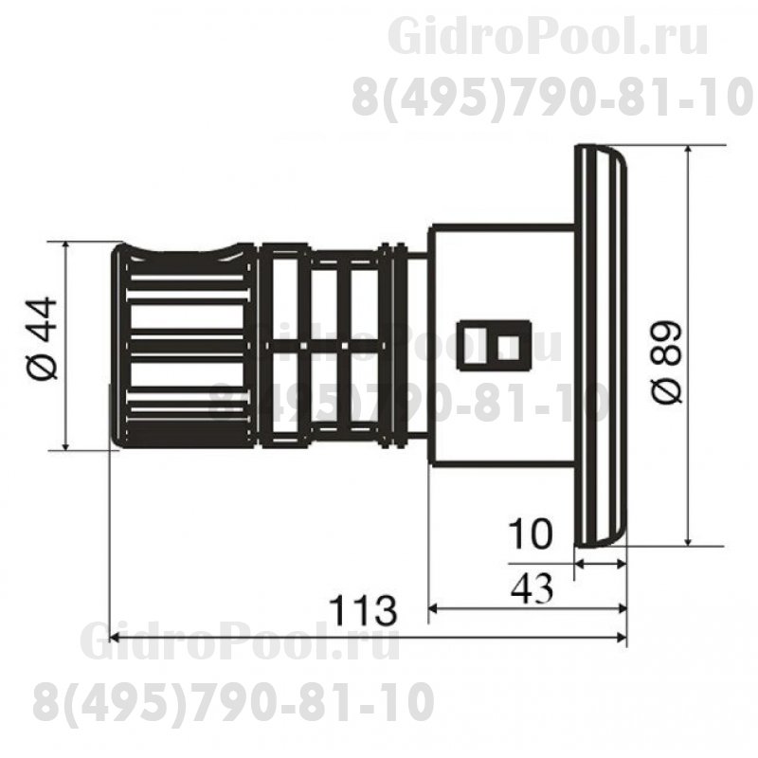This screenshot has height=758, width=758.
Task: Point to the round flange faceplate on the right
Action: point(601,346)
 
